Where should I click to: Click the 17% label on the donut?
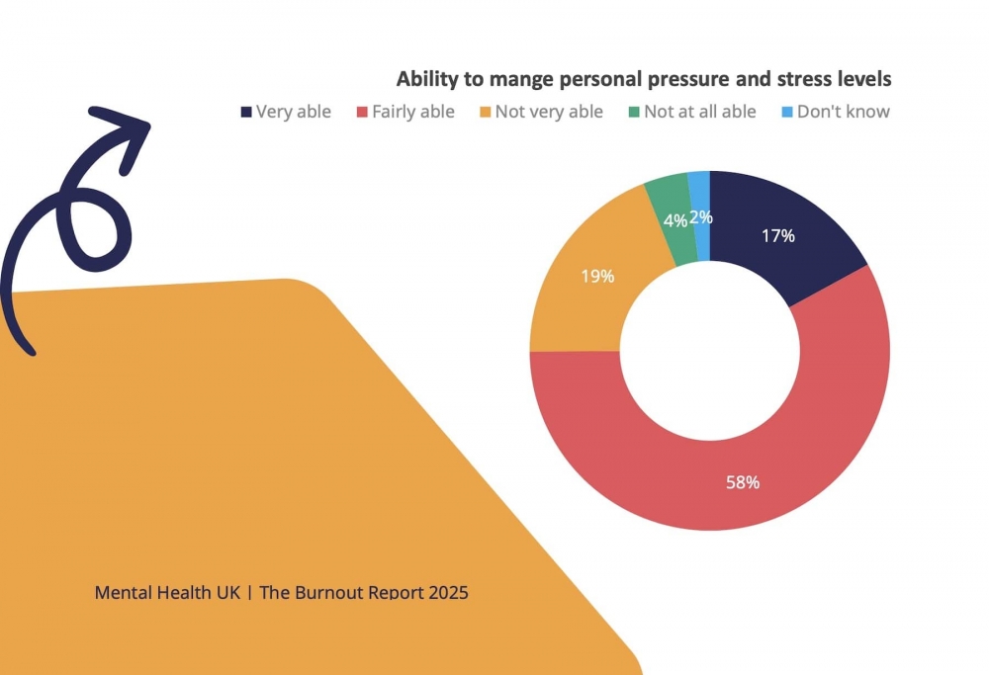[778, 236]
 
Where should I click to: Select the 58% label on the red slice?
[743, 482]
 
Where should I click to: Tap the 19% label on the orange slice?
[597, 276]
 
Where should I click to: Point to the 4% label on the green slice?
[676, 221]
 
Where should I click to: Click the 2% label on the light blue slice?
[701, 216]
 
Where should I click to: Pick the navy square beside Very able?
[245, 112]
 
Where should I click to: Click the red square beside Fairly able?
[362, 112]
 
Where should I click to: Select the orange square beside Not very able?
[485, 112]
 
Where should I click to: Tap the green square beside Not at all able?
[634, 112]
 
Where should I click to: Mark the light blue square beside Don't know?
[786, 112]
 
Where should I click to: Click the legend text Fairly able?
[413, 112]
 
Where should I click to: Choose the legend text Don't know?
[844, 112]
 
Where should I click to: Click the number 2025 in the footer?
[446, 593]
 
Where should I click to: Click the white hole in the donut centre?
[710, 351]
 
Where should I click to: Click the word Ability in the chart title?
[427, 79]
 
